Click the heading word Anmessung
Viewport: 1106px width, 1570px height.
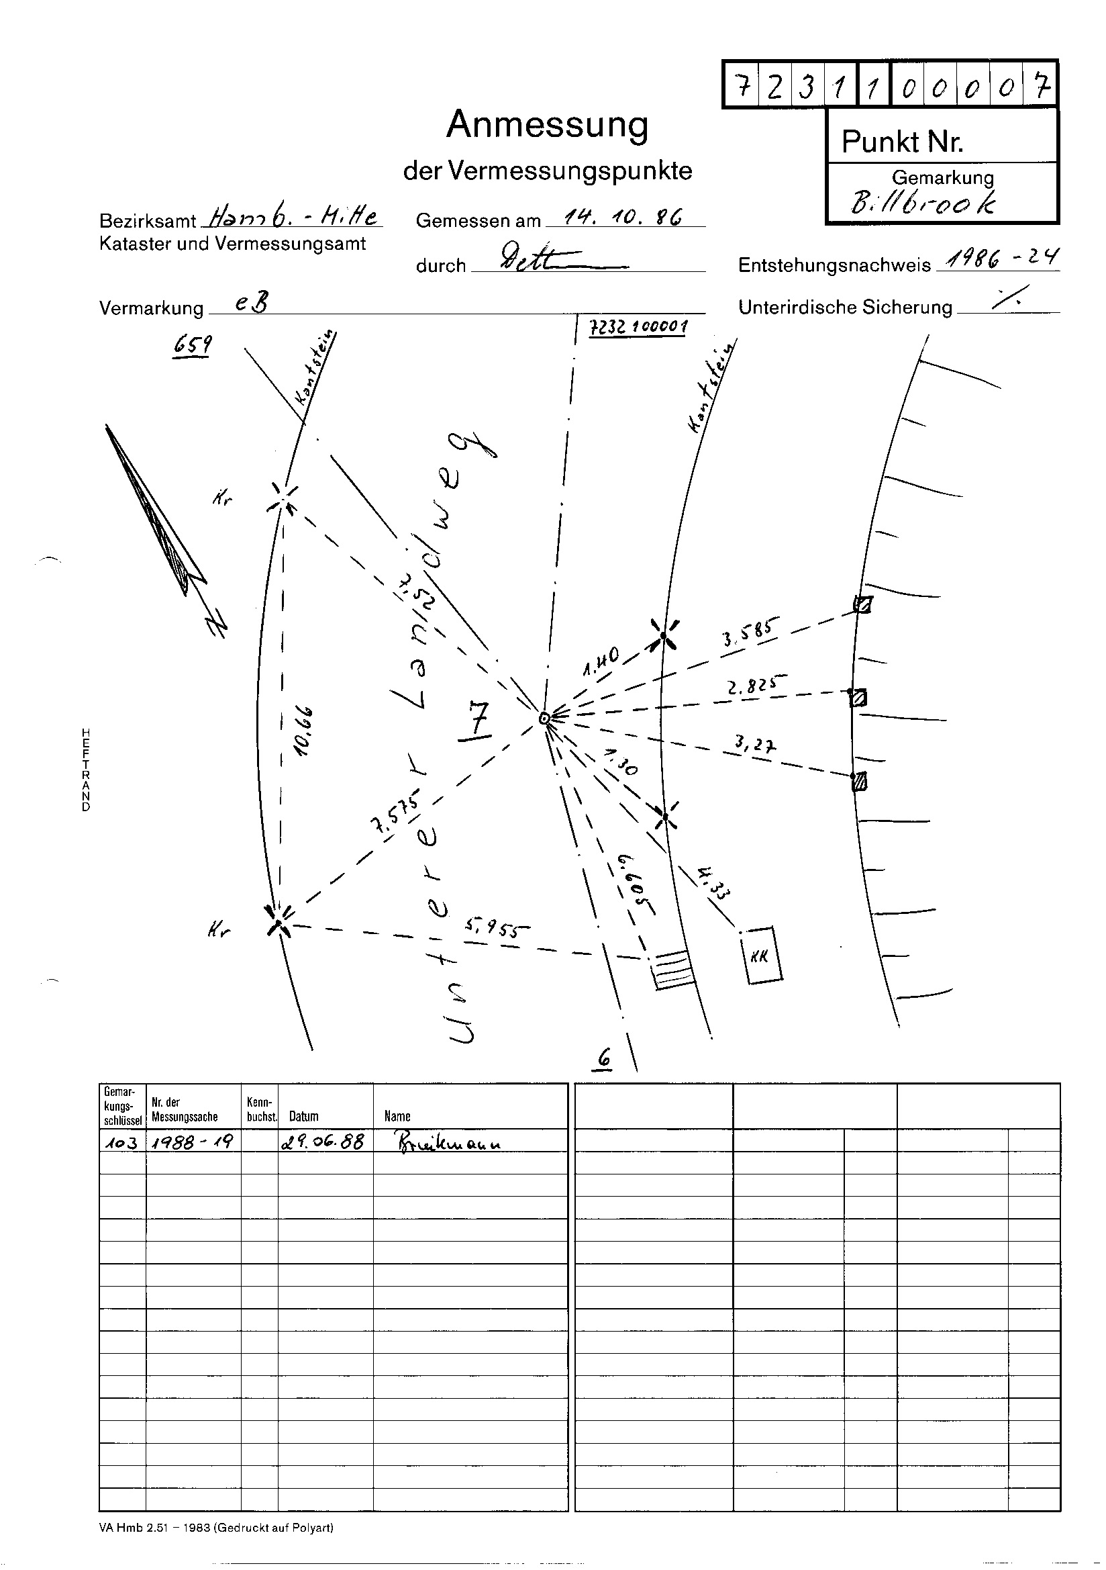547,126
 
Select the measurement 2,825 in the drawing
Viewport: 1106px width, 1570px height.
757,684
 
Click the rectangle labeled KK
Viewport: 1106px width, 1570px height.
762,956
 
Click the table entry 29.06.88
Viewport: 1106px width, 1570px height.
322,1142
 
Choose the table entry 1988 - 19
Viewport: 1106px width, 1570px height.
193,1142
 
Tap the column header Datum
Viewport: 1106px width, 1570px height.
303,1116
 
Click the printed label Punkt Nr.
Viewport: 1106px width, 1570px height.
902,142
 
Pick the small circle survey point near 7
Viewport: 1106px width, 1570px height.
544,719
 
